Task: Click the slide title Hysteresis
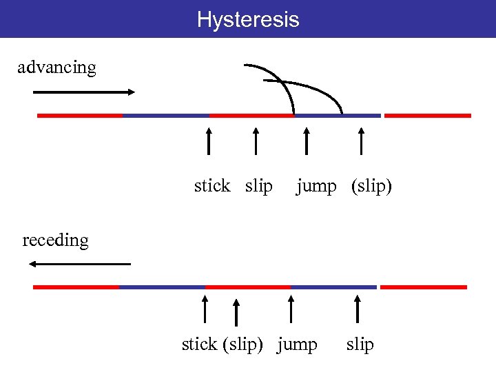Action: pos(248,19)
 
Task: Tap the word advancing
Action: pos(56,68)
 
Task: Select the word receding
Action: pos(56,240)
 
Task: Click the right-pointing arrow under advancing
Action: pos(83,92)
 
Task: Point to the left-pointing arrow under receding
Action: pos(79,264)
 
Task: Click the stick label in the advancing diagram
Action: pos(212,186)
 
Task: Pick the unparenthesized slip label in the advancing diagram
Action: pos(259,186)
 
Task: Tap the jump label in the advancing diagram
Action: pos(316,186)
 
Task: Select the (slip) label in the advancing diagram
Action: pos(371,186)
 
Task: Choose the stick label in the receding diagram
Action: pos(199,344)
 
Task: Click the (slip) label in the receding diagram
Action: pos(242,344)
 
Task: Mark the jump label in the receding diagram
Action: pos(297,344)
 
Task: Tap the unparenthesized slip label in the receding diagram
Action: pos(360,344)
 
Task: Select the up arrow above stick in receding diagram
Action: pos(205,309)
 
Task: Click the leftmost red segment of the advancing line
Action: pos(80,116)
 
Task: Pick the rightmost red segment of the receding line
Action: pos(424,287)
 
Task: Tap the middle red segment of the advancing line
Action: pos(251,116)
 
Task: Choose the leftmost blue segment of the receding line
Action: pos(162,287)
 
